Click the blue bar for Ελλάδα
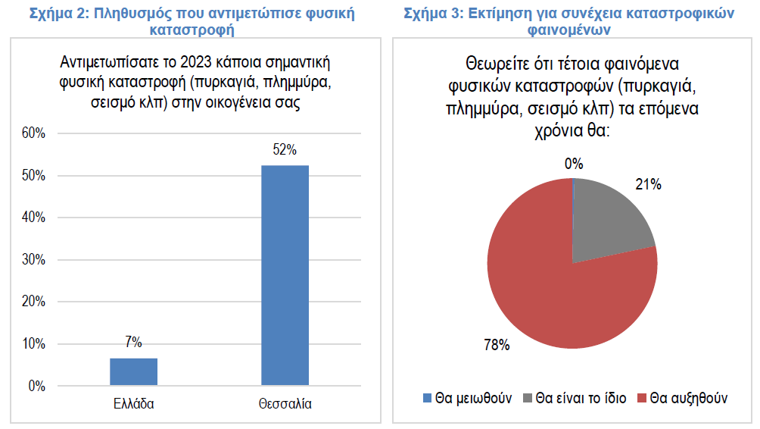click(133, 371)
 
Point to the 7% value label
click(133, 343)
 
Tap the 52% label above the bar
click(285, 150)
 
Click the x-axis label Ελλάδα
click(133, 404)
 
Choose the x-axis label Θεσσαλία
click(285, 404)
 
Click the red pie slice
click(553, 296)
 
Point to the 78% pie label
click(497, 346)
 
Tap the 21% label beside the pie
click(649, 184)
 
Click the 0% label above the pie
click(574, 163)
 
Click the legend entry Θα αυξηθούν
click(682, 398)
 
